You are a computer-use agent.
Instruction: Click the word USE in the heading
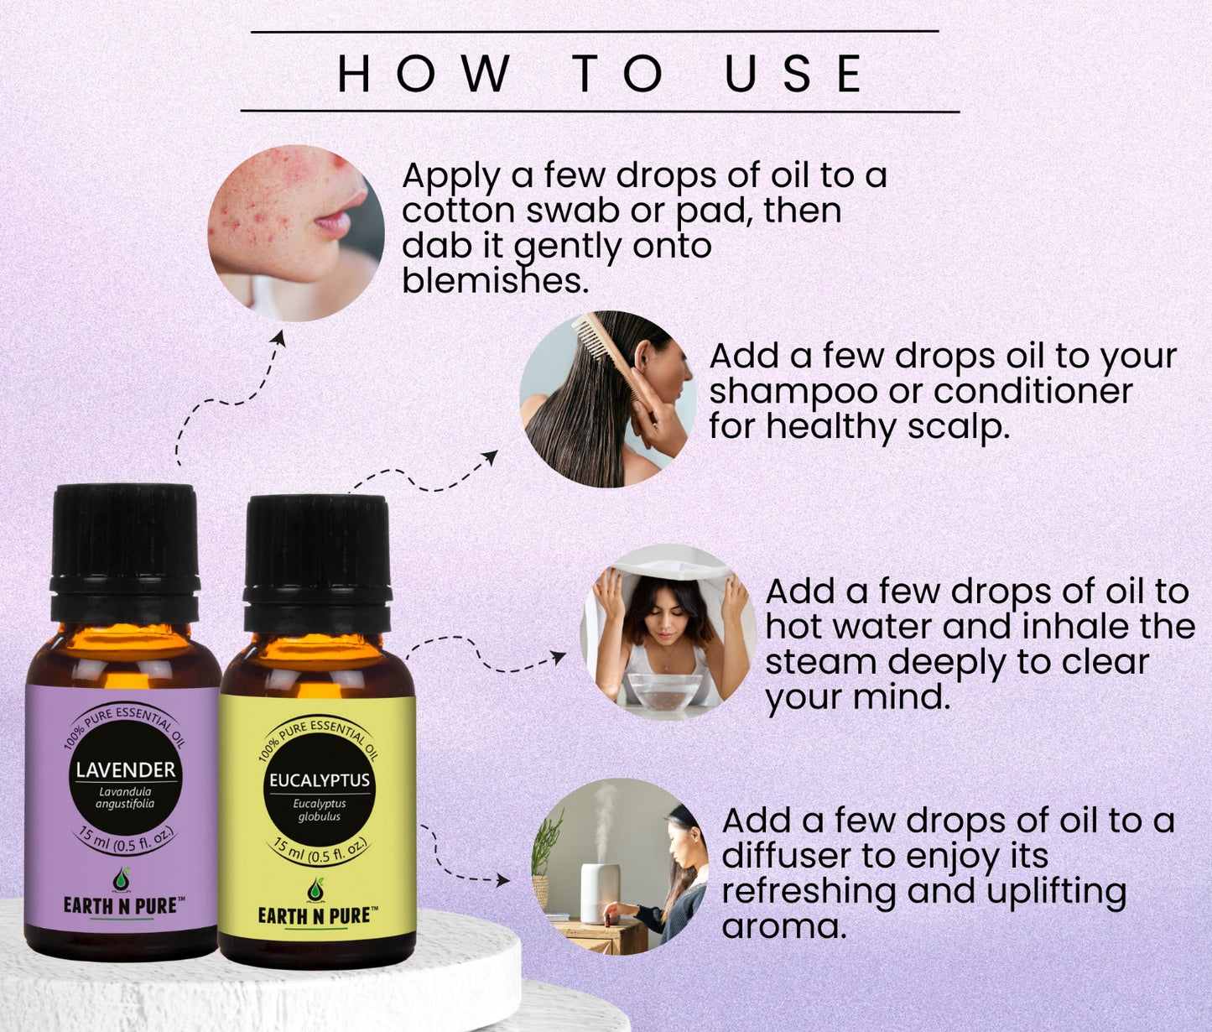coord(794,73)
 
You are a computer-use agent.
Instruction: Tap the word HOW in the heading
coord(424,73)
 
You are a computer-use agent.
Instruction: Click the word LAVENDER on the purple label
coord(126,769)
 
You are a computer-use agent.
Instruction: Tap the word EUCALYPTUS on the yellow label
coord(320,780)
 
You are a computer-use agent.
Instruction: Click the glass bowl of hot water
coord(663,690)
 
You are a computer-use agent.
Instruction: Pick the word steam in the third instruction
coord(821,662)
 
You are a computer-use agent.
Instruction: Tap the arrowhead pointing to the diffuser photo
coord(502,880)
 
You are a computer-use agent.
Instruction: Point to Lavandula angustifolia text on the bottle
coord(125,798)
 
